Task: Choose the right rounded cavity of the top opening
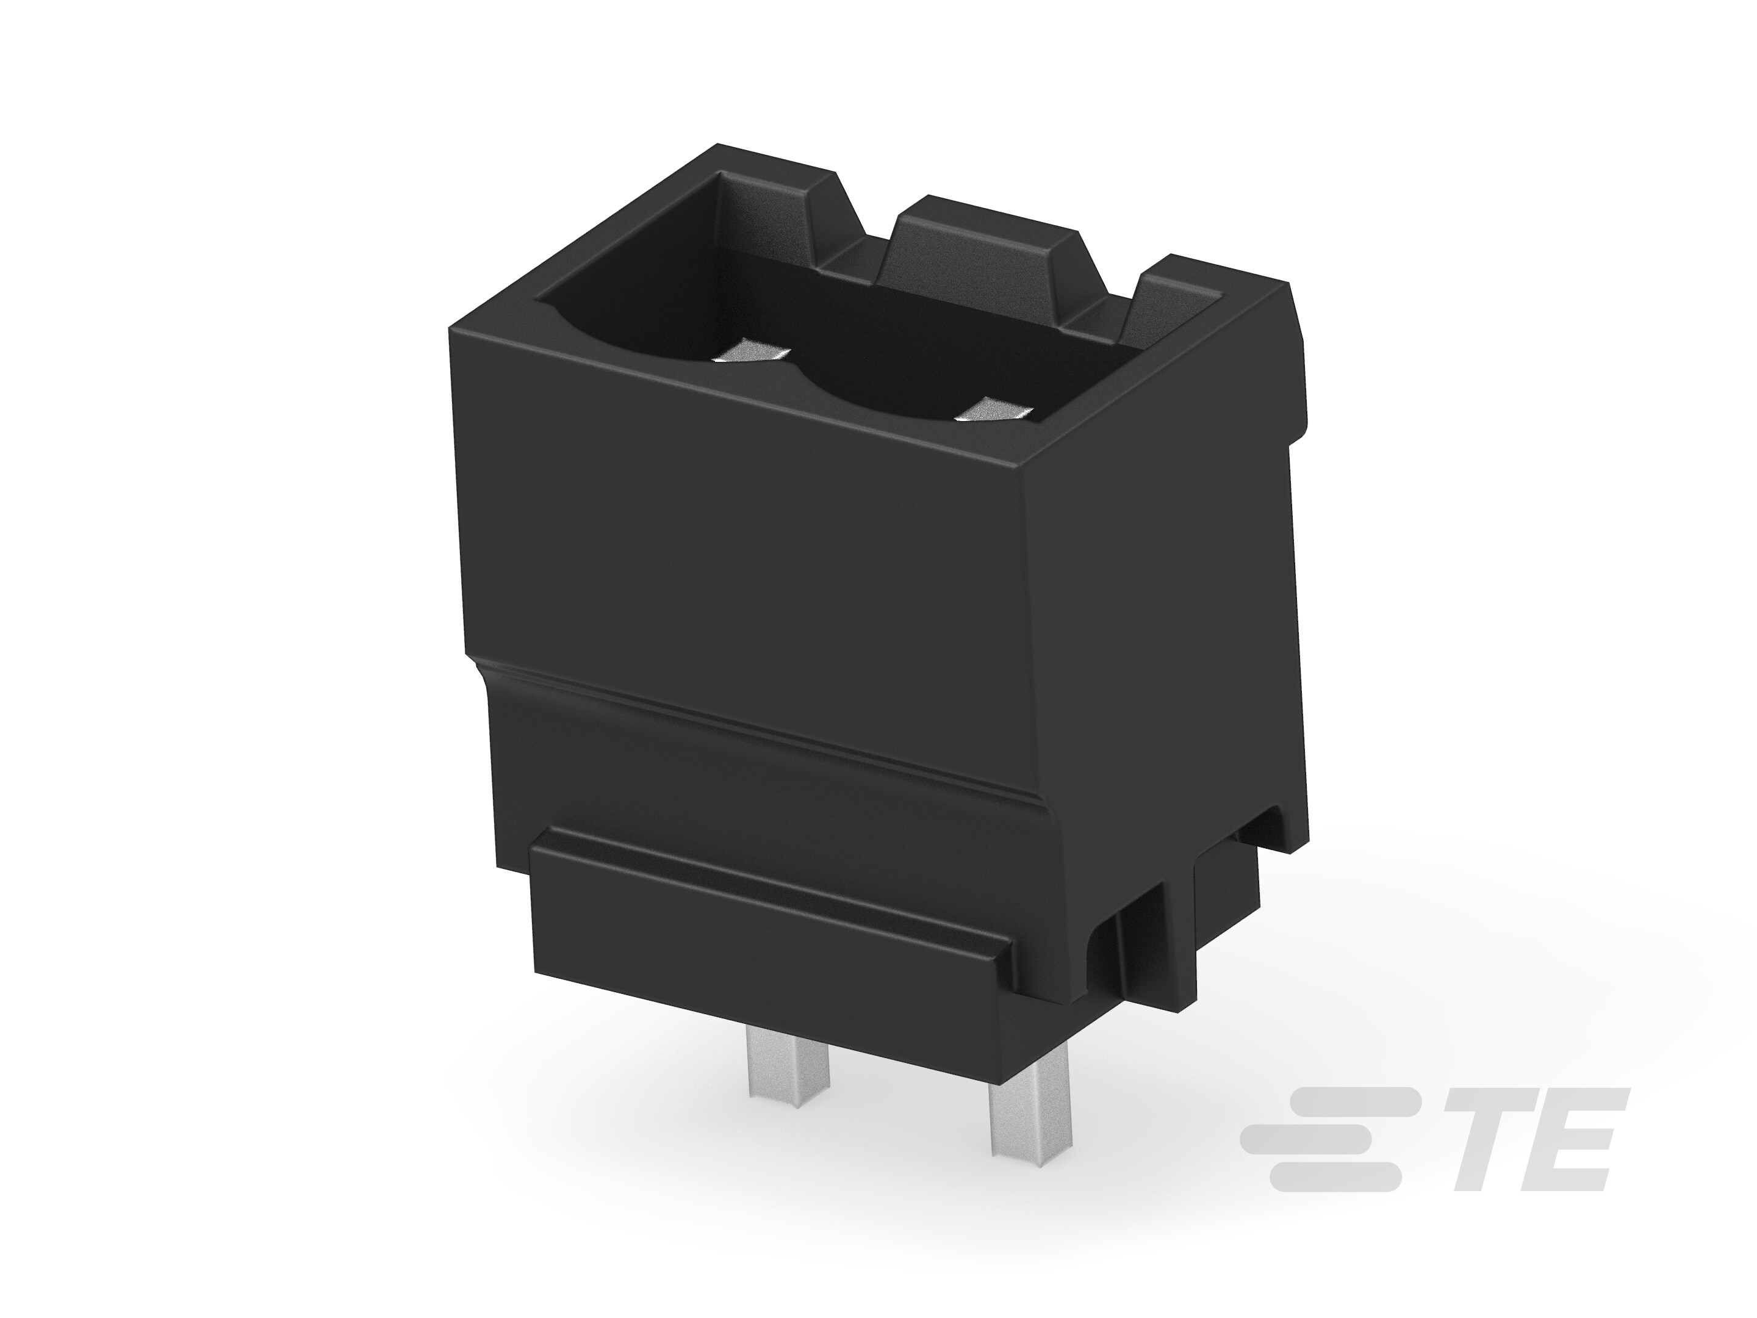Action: pos(913,373)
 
